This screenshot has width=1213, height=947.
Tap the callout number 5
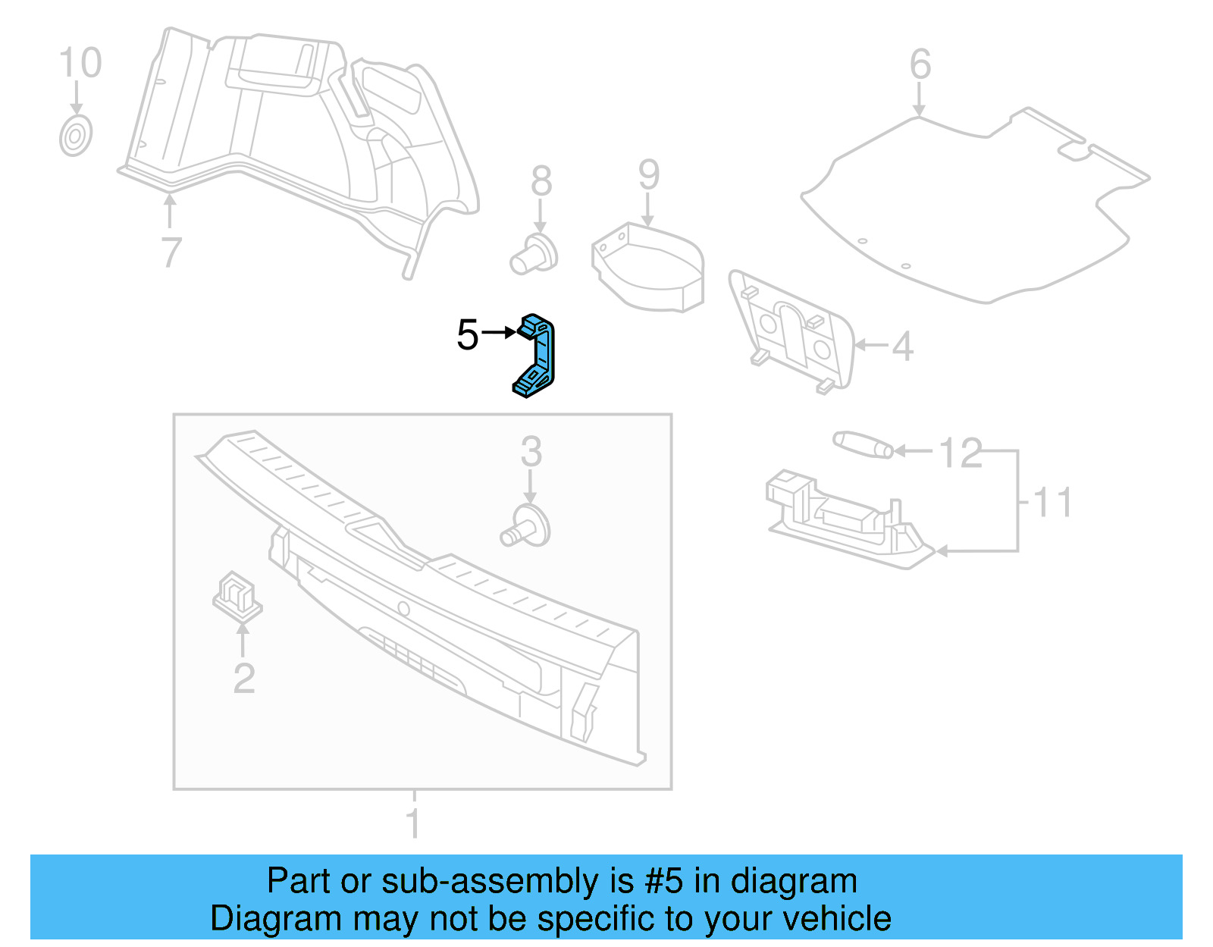[468, 334]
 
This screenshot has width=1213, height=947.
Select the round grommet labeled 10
[76, 137]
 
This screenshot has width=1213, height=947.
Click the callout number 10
[80, 63]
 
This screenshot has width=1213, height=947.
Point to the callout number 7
[171, 252]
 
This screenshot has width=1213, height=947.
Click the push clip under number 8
[534, 256]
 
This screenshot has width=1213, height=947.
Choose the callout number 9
[648, 175]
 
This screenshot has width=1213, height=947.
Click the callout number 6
[920, 64]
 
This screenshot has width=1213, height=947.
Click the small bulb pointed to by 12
[863, 444]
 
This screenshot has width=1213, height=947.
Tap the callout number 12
[960, 453]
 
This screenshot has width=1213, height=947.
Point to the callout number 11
[1052, 502]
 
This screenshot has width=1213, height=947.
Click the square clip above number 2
[237, 595]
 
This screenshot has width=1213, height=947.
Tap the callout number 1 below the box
[413, 823]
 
